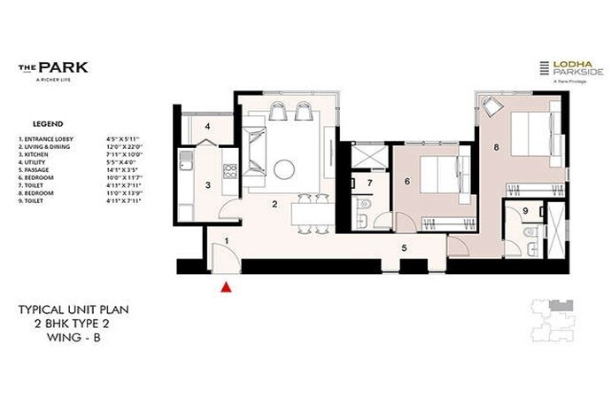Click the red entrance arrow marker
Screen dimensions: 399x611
(227, 286)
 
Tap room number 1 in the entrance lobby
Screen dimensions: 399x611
(227, 240)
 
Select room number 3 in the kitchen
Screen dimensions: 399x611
(207, 185)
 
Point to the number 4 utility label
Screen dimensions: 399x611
(207, 127)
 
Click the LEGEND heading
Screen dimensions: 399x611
(47, 124)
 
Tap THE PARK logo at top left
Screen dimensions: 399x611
(41, 66)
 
